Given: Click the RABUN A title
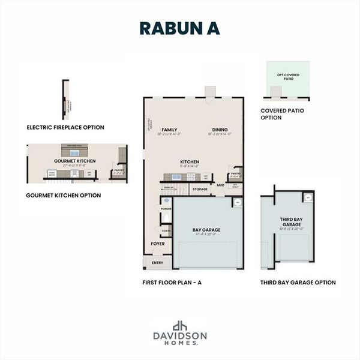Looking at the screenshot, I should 179,28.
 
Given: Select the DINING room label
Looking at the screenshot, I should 220,130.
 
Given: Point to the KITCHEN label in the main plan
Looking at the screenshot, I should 190,162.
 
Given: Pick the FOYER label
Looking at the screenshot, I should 157,244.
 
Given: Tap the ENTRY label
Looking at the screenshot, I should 157,262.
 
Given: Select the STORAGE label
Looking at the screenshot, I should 200,189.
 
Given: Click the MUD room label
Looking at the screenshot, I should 220,185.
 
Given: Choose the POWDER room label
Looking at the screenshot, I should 166,209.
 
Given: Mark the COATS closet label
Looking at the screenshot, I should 166,229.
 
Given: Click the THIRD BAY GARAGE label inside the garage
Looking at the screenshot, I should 291,222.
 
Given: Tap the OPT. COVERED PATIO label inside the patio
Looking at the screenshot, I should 288,77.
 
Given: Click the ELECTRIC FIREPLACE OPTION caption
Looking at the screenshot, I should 65,127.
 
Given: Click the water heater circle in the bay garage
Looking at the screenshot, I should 237,203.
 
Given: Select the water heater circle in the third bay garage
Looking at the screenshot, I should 308,198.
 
